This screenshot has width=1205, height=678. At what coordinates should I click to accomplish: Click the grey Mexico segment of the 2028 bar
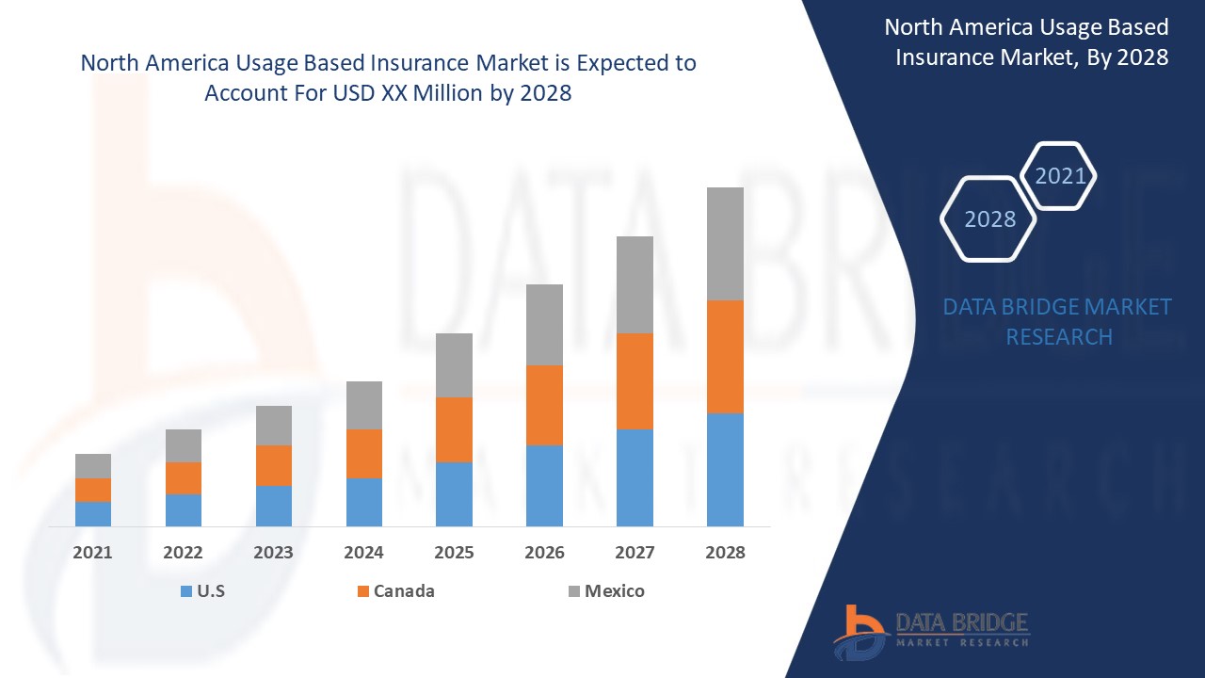pyautogui.click(x=725, y=244)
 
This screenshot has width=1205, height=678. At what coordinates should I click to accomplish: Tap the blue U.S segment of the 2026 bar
pyautogui.click(x=544, y=486)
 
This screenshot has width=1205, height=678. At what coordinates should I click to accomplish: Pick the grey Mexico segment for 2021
pyautogui.click(x=93, y=466)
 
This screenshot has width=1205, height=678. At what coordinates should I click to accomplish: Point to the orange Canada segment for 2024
pyautogui.click(x=364, y=454)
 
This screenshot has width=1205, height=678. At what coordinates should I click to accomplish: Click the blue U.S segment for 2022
pyautogui.click(x=184, y=510)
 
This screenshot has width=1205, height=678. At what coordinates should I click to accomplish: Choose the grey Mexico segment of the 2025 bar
pyautogui.click(x=454, y=365)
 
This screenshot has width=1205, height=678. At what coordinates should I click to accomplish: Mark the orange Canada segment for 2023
pyautogui.click(x=274, y=465)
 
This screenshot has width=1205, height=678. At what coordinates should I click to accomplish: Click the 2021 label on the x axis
pyautogui.click(x=93, y=553)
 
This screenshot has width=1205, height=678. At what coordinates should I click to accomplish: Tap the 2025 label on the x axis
pyautogui.click(x=454, y=553)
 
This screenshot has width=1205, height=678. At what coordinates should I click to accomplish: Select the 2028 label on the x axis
pyautogui.click(x=725, y=553)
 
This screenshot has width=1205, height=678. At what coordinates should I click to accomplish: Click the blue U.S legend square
pyautogui.click(x=185, y=591)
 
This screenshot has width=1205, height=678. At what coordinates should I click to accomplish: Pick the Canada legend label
pyautogui.click(x=404, y=591)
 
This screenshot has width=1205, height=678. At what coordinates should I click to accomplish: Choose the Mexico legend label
pyautogui.click(x=615, y=591)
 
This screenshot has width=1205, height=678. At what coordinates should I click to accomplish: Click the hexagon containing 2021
pyautogui.click(x=1059, y=176)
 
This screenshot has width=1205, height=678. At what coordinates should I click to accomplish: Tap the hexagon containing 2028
pyautogui.click(x=989, y=219)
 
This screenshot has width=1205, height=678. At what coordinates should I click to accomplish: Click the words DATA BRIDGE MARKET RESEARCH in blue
pyautogui.click(x=1057, y=321)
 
